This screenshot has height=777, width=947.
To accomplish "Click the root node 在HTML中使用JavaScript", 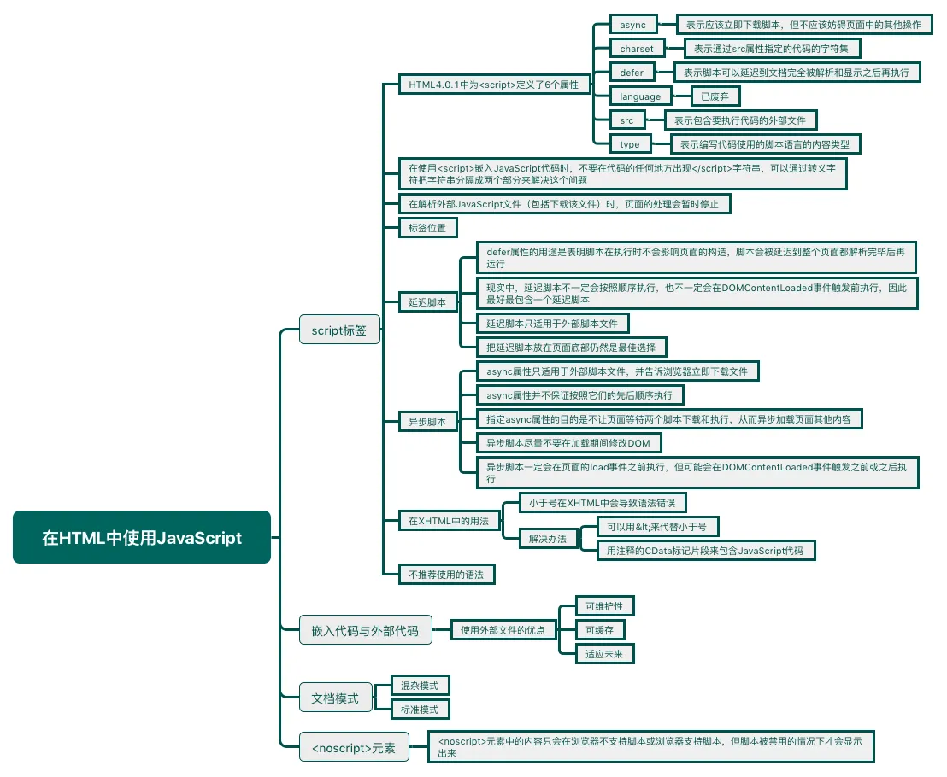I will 142,537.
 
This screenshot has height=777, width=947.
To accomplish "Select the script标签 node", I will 338,330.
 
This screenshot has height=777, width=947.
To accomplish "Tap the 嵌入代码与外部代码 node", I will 365,631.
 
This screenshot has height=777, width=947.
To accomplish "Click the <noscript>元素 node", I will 353,748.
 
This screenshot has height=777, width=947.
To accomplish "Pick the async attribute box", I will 633,25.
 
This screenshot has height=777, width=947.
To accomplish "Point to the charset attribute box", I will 637,49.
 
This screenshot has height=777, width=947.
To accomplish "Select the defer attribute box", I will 632,73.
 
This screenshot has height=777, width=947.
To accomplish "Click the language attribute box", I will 640,96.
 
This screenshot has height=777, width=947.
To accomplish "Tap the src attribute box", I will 627,120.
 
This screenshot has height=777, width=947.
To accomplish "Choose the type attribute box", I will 630,144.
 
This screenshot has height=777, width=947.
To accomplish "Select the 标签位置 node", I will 427,227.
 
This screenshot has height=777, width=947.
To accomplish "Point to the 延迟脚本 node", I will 427,302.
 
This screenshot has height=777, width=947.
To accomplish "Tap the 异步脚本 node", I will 427,422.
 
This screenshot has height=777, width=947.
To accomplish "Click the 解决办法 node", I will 548,539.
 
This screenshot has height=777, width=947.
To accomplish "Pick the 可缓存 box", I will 600,630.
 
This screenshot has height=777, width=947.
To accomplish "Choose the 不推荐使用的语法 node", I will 446,575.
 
